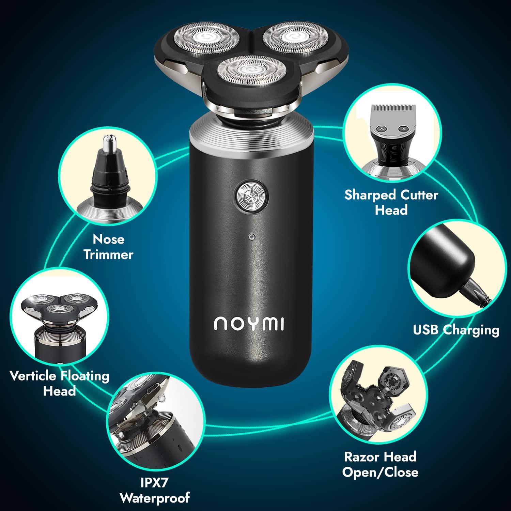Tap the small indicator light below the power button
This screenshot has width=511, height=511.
(x=252, y=236)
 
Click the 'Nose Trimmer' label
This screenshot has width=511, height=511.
(x=108, y=247)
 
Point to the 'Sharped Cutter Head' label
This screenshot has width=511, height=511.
(x=391, y=202)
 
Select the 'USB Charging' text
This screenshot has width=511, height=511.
(x=456, y=330)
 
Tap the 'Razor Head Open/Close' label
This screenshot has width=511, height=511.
(x=380, y=464)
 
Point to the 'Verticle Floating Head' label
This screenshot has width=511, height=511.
(x=59, y=383)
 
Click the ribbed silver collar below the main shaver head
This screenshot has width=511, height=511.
(x=252, y=129)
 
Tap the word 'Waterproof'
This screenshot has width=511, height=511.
(x=155, y=498)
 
